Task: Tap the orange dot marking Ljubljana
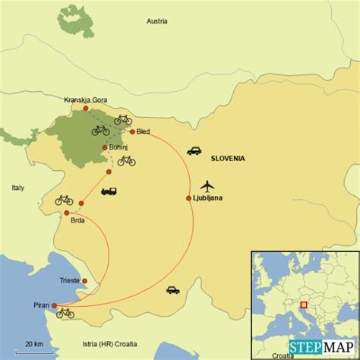point(188,199)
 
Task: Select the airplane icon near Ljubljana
point(207,185)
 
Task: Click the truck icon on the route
point(109,192)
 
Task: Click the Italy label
point(17,187)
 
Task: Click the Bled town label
point(144,131)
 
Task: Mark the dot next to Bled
point(132,131)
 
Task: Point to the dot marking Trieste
point(84,281)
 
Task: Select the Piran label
point(41,306)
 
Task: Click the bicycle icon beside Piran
point(65,312)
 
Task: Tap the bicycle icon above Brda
point(64,200)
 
